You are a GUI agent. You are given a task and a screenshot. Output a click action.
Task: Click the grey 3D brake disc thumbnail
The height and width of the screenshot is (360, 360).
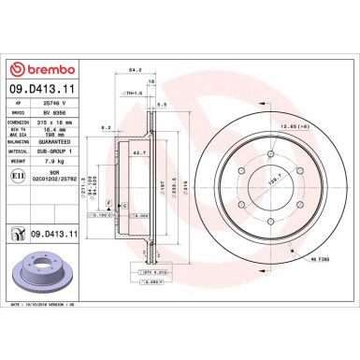(41, 271)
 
